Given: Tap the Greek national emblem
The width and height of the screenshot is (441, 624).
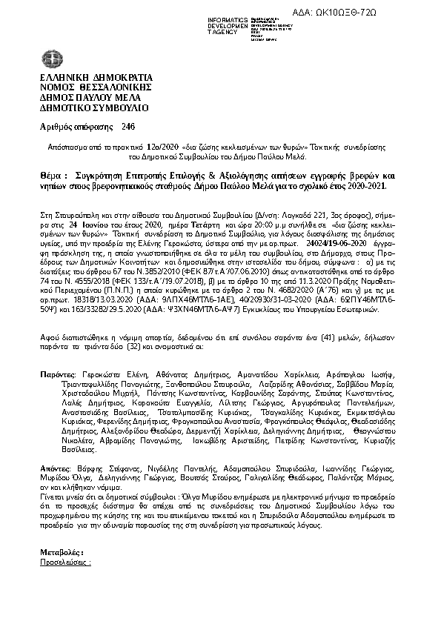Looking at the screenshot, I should coord(49,59).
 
